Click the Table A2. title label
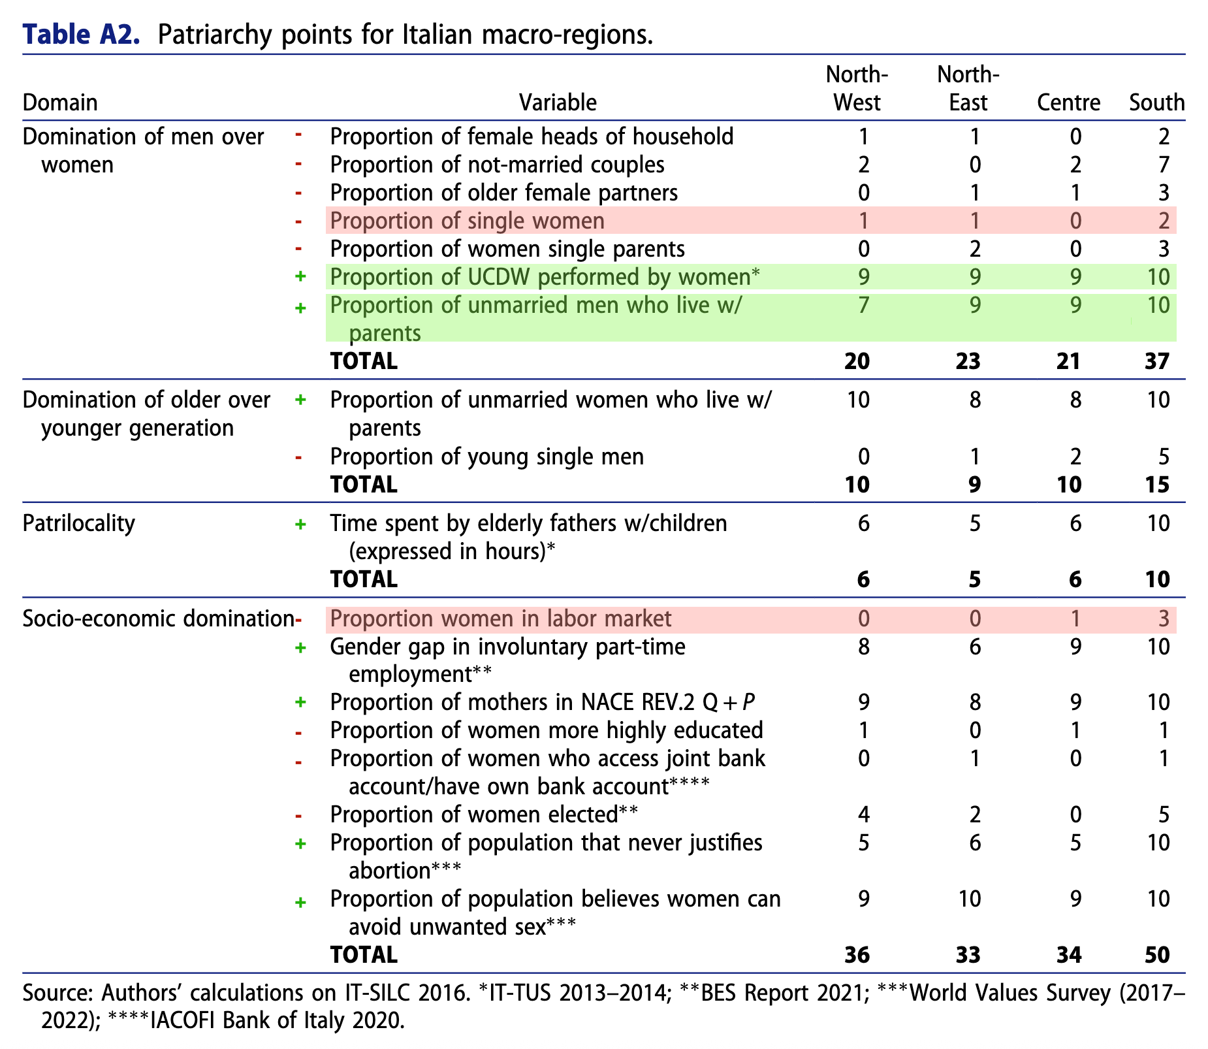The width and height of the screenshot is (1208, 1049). click(x=82, y=34)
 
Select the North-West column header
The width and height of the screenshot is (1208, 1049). click(x=857, y=89)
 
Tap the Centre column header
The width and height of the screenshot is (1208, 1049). click(x=1068, y=103)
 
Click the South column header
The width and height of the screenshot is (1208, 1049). click(x=1157, y=103)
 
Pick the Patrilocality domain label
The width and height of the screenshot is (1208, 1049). click(x=79, y=523)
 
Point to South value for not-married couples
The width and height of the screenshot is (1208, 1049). click(x=1162, y=165)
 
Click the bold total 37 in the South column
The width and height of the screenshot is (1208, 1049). click(x=1156, y=361)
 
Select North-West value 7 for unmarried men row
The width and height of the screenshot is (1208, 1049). click(x=863, y=305)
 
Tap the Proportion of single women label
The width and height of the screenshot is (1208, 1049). click(x=467, y=221)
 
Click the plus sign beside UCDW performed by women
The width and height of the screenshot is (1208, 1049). click(x=300, y=277)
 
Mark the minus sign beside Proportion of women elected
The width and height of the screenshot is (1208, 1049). click(x=298, y=815)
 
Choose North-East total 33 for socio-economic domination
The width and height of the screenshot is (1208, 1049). click(x=968, y=955)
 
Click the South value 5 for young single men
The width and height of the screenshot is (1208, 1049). click(x=1162, y=456)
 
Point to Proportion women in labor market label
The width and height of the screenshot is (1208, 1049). click(x=500, y=619)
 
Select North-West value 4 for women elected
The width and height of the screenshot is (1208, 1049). click(x=863, y=815)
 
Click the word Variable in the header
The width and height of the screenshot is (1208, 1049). click(x=558, y=103)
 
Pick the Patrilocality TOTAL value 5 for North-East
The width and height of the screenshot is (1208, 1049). click(x=974, y=579)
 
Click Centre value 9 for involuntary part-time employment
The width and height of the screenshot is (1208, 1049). click(x=1075, y=647)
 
